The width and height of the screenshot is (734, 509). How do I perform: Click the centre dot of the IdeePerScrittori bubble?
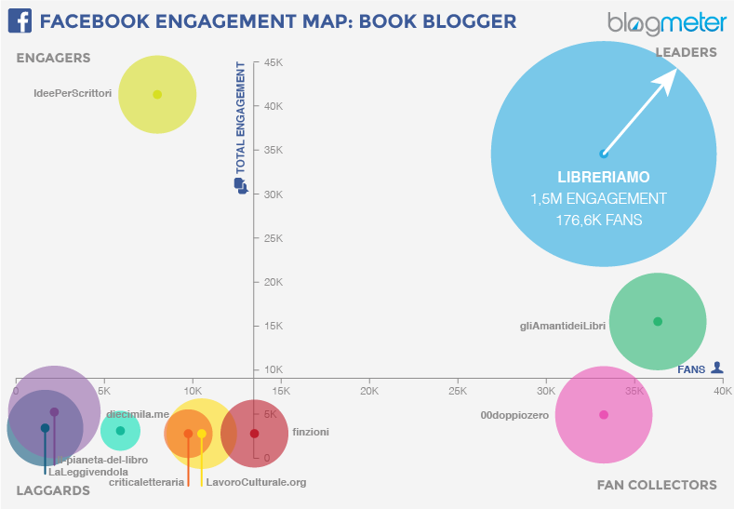click(x=157, y=94)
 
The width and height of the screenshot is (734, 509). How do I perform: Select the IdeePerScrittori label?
click(x=72, y=94)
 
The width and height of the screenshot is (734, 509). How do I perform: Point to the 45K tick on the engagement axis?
click(x=274, y=62)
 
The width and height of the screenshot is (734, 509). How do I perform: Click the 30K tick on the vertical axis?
click(x=274, y=194)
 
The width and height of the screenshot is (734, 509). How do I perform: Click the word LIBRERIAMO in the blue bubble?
click(x=603, y=177)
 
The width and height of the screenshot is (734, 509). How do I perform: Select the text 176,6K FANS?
click(x=599, y=221)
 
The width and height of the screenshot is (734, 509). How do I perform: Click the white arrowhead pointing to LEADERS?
click(x=666, y=81)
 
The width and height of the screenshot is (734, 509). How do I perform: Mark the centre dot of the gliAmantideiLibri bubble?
click(x=658, y=321)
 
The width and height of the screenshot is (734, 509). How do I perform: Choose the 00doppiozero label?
click(x=514, y=415)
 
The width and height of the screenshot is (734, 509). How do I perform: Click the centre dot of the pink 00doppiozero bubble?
click(x=604, y=415)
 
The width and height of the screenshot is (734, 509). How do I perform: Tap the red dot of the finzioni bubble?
click(x=254, y=433)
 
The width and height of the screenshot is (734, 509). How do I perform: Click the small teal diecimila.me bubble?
click(x=120, y=430)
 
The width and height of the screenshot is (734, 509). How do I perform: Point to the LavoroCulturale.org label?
click(x=256, y=482)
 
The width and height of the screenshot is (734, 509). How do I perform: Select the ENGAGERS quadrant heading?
click(x=53, y=58)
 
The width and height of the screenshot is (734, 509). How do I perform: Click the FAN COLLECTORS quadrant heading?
click(x=657, y=485)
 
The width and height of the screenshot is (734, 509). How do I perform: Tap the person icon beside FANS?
click(x=716, y=368)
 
